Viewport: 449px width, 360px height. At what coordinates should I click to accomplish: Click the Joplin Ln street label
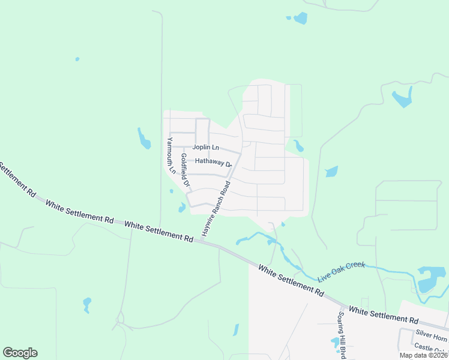(206, 148)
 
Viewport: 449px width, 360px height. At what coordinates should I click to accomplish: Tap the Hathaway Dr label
(213, 163)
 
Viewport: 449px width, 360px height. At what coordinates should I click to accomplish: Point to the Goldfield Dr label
(185, 170)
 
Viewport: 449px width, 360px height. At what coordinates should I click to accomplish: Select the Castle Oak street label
(430, 348)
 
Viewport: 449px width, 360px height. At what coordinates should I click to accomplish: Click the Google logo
(20, 353)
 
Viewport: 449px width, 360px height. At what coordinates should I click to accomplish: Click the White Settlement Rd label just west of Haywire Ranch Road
(158, 231)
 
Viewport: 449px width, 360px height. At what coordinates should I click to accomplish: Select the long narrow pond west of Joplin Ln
(144, 138)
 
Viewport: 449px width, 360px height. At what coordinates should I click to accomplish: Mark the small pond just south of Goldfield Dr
(181, 208)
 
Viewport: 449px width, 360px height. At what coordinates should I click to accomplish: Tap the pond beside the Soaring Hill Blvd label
(334, 342)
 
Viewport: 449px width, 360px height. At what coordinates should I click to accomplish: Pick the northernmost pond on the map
(300, 18)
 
